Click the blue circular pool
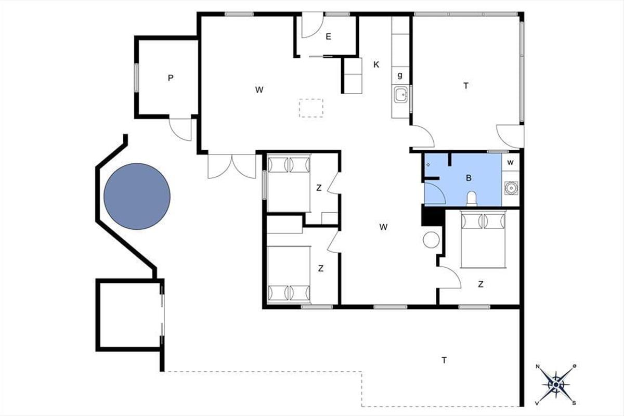click(x=137, y=197)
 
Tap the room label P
click(x=171, y=78)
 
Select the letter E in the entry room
click(x=329, y=36)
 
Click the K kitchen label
click(x=376, y=64)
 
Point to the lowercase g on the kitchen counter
click(x=400, y=75)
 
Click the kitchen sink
click(x=400, y=95)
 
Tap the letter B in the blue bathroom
click(x=469, y=178)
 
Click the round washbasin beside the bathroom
click(x=512, y=188)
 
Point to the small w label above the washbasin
click(x=510, y=162)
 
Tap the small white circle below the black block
click(x=431, y=240)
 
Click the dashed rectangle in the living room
click(x=311, y=108)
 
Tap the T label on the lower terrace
click(x=444, y=360)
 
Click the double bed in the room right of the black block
click(x=483, y=240)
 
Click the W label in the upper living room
click(x=259, y=90)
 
